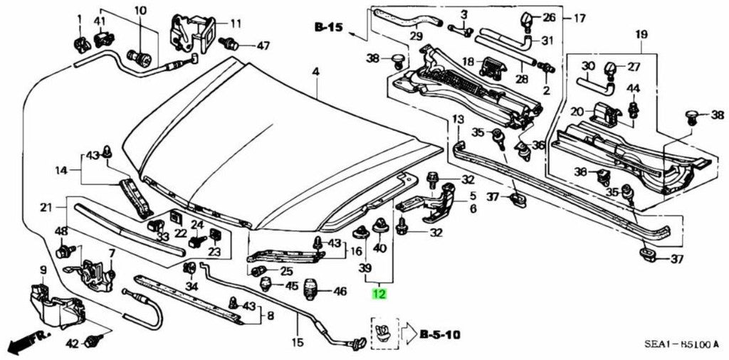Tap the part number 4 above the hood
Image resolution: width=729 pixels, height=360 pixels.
click(315, 71)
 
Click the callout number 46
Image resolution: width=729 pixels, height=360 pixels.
click(340, 291)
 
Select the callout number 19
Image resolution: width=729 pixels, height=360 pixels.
click(641, 33)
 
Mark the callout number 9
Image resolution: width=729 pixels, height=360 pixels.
click(43, 270)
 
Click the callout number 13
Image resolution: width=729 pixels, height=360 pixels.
click(458, 118)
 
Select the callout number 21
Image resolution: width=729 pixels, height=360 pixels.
click(46, 208)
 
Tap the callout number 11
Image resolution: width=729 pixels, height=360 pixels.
click(215, 23)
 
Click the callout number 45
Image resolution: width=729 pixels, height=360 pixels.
click(291, 286)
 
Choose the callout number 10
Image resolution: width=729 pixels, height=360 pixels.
click(140, 10)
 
